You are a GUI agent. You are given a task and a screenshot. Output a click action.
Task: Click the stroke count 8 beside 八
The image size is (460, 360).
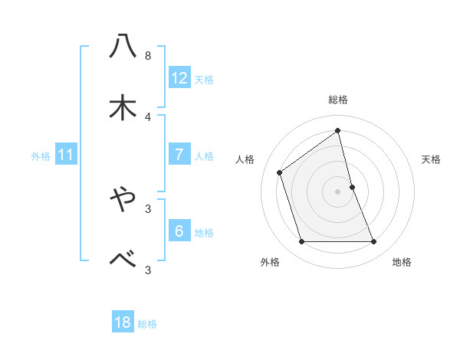[147, 56]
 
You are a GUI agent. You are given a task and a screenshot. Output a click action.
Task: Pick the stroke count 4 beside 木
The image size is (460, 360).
[147, 116]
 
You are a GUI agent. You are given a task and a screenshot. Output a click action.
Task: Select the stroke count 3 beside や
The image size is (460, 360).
[147, 208]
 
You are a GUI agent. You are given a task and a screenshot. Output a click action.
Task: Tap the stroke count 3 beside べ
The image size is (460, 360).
[147, 269]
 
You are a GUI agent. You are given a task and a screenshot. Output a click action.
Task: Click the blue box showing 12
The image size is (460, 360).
[179, 78]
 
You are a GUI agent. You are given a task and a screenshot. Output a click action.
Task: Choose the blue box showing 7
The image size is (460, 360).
[179, 155]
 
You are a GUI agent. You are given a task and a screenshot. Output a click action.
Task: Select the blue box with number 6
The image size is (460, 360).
[179, 231]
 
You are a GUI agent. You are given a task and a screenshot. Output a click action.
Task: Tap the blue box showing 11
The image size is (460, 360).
[66, 155]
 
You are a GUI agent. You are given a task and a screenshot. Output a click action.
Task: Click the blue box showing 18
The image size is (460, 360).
[123, 322]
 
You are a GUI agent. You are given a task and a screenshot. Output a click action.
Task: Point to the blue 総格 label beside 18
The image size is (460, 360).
[147, 324]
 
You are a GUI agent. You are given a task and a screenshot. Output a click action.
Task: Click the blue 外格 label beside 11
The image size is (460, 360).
[41, 156]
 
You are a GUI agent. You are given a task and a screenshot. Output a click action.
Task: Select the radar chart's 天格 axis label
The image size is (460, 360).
[431, 159]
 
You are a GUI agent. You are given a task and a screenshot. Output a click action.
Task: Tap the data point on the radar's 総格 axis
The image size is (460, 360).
[337, 131]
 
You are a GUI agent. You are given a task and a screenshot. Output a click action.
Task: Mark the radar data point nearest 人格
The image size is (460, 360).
[280, 172]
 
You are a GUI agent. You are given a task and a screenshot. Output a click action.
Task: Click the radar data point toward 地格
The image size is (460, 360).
[374, 242]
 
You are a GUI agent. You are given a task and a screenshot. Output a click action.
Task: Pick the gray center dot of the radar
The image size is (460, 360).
[337, 191]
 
